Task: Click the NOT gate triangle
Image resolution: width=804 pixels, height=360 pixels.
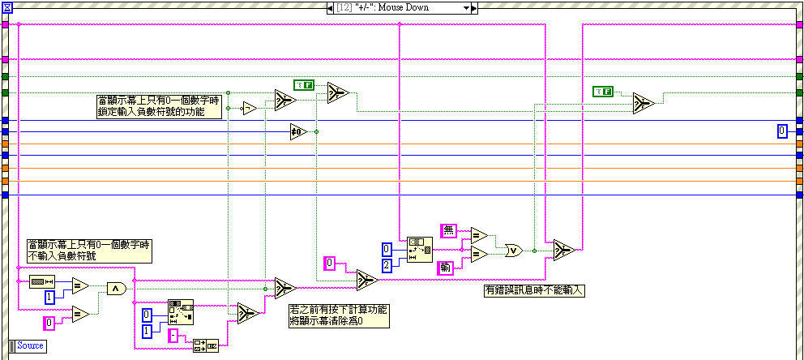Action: [250, 108]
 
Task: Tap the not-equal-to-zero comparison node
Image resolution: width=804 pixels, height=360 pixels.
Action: [299, 131]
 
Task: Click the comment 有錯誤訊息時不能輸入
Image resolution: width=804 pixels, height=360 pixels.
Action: [534, 289]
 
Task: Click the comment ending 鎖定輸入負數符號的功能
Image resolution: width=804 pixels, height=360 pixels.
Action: [158, 106]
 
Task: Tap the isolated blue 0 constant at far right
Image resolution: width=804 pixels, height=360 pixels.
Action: [781, 131]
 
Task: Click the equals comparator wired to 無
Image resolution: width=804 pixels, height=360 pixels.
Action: [479, 235]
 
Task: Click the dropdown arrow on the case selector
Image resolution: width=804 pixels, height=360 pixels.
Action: [466, 7]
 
